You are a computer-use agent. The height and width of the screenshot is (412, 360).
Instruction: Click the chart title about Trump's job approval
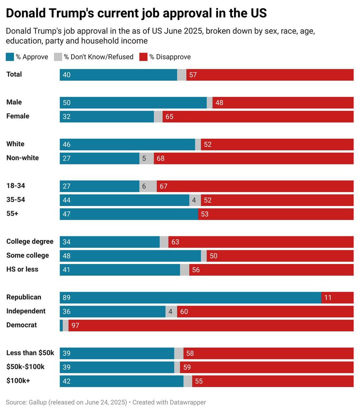136,13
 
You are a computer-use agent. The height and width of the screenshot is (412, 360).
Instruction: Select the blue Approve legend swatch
10,57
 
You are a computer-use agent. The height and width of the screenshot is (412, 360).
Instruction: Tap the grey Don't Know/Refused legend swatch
58,57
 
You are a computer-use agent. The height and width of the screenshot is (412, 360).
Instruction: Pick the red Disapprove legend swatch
143,57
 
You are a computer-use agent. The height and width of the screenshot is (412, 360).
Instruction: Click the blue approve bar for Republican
190,297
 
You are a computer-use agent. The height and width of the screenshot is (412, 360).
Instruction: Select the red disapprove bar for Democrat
211,325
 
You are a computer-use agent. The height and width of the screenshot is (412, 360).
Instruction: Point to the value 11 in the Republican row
328,297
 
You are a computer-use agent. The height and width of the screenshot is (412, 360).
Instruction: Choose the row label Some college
27,255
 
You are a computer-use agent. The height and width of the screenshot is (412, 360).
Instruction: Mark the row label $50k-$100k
25,367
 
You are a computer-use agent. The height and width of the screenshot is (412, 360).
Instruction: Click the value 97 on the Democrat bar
75,325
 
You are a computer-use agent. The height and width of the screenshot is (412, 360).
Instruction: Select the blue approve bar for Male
133,103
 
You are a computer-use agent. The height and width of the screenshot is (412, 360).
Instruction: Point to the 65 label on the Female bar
169,116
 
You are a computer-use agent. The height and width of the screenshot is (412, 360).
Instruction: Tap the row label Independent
26,311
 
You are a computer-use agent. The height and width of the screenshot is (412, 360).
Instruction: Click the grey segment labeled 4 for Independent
171,311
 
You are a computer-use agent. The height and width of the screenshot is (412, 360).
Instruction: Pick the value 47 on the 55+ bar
67,214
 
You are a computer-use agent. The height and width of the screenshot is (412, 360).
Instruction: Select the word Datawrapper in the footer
187,402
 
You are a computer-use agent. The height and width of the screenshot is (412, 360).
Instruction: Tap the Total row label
14,75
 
